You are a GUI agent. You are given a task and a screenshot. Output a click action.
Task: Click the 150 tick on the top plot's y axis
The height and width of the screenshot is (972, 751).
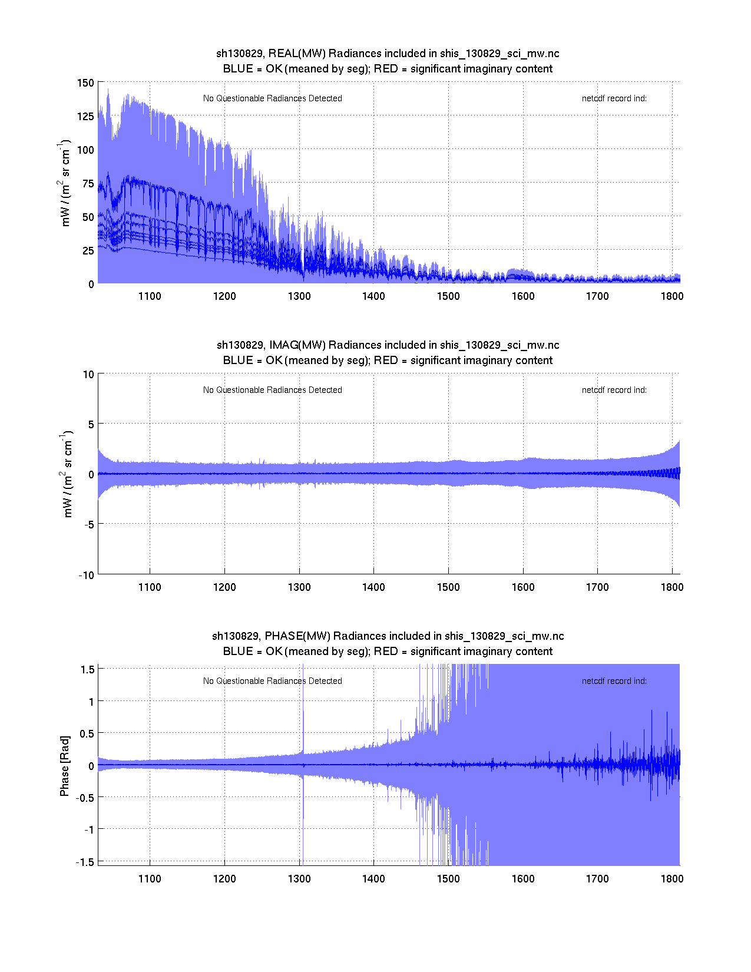pyautogui.click(x=85, y=83)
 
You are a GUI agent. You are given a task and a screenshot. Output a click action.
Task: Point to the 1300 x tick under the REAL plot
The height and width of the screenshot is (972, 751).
pyautogui.click(x=299, y=296)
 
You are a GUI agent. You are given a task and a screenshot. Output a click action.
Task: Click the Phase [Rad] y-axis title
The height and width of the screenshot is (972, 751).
pyautogui.click(x=65, y=765)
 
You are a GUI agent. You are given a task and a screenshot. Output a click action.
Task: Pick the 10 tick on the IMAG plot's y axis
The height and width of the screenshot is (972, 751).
pyautogui.click(x=88, y=375)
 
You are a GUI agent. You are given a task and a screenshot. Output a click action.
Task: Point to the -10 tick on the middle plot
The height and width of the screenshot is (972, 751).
pyautogui.click(x=86, y=576)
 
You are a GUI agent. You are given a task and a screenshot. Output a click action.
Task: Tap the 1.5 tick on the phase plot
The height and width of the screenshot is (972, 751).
pyautogui.click(x=88, y=669)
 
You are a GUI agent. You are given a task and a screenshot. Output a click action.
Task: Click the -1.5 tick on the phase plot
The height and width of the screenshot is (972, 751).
pyautogui.click(x=85, y=862)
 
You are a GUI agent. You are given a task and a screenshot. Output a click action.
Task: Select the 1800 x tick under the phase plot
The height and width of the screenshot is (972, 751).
pyautogui.click(x=672, y=879)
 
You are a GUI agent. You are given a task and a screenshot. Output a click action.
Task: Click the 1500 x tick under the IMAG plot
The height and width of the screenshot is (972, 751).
pyautogui.click(x=448, y=587)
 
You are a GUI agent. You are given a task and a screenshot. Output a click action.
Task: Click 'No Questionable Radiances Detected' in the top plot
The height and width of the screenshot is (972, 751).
pyautogui.click(x=273, y=98)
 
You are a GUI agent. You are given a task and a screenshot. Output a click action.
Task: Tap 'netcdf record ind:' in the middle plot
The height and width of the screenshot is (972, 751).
pyautogui.click(x=614, y=390)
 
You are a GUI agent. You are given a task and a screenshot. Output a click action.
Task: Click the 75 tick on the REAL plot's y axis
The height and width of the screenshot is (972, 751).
pyautogui.click(x=88, y=184)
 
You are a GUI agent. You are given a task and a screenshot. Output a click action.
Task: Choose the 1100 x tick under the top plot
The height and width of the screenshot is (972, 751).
pyautogui.click(x=150, y=296)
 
